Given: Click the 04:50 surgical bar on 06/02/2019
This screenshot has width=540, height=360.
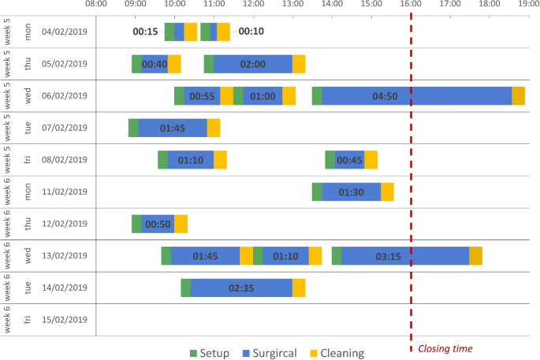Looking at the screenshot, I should [x=416, y=96].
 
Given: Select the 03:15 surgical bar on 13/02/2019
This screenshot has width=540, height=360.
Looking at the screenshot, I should [x=405, y=256].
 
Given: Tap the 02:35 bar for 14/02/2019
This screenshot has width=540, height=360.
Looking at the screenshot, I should [x=241, y=288].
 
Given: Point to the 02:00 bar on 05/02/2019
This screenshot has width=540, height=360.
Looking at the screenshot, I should [x=253, y=64].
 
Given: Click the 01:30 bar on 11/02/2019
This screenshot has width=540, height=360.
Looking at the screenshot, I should [x=351, y=191].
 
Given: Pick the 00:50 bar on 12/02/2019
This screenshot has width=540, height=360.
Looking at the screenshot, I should [x=158, y=224].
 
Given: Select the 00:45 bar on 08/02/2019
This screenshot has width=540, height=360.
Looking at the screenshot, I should [x=349, y=160].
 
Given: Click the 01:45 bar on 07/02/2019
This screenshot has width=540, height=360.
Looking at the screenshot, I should [x=173, y=128].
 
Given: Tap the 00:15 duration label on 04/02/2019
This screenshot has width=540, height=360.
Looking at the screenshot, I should [x=145, y=32].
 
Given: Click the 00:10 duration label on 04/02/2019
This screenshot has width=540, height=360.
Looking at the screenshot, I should [x=251, y=32].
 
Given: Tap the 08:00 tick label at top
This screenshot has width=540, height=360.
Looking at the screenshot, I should [x=95, y=5].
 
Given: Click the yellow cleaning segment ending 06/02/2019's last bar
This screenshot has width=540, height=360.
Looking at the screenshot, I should [x=518, y=96].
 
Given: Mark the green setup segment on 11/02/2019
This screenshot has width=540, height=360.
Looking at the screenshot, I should [x=317, y=191].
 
